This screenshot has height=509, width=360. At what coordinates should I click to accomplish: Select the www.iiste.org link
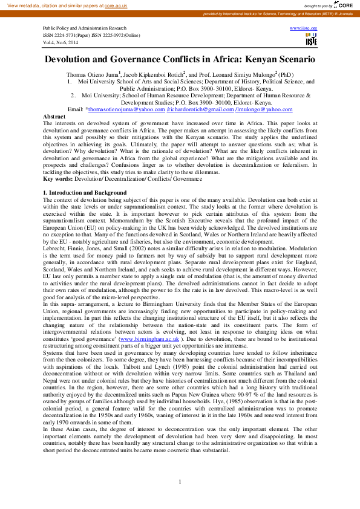tap(304, 28)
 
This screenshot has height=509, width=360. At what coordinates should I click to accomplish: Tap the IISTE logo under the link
tap(311, 41)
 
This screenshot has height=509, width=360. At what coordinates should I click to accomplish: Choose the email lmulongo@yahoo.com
tap(258, 109)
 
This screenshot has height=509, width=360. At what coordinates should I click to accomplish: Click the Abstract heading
tap(54, 115)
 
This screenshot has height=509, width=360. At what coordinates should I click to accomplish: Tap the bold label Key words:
tap(57, 179)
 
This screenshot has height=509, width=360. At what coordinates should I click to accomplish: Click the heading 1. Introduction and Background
tap(84, 192)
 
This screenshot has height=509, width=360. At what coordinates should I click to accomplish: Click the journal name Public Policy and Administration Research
tap(85, 28)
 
